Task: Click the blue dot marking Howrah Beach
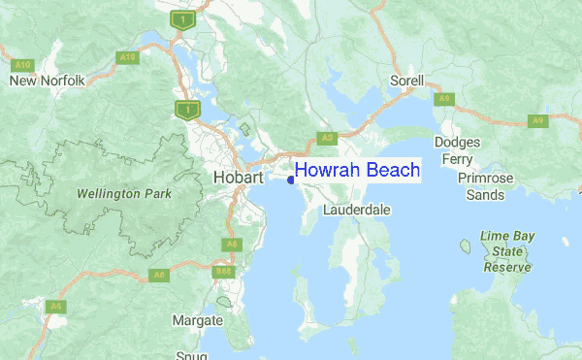click(x=291, y=180)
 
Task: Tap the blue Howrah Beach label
click(x=357, y=170)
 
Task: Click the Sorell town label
click(x=407, y=80)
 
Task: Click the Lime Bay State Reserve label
click(x=506, y=251)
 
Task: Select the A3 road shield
click(x=327, y=138)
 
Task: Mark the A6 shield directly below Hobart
click(x=231, y=244)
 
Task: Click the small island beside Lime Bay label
click(x=465, y=246)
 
